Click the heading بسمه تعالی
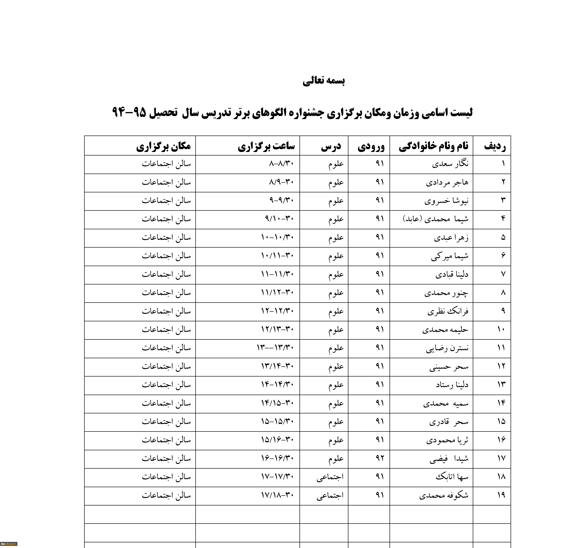323,81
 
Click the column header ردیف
495,146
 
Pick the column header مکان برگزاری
163,146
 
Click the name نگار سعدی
450,164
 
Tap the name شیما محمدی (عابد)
436,219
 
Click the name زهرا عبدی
451,238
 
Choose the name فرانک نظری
448,311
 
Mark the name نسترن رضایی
447,348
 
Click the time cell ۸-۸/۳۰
281,163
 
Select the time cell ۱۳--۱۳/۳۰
275,348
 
